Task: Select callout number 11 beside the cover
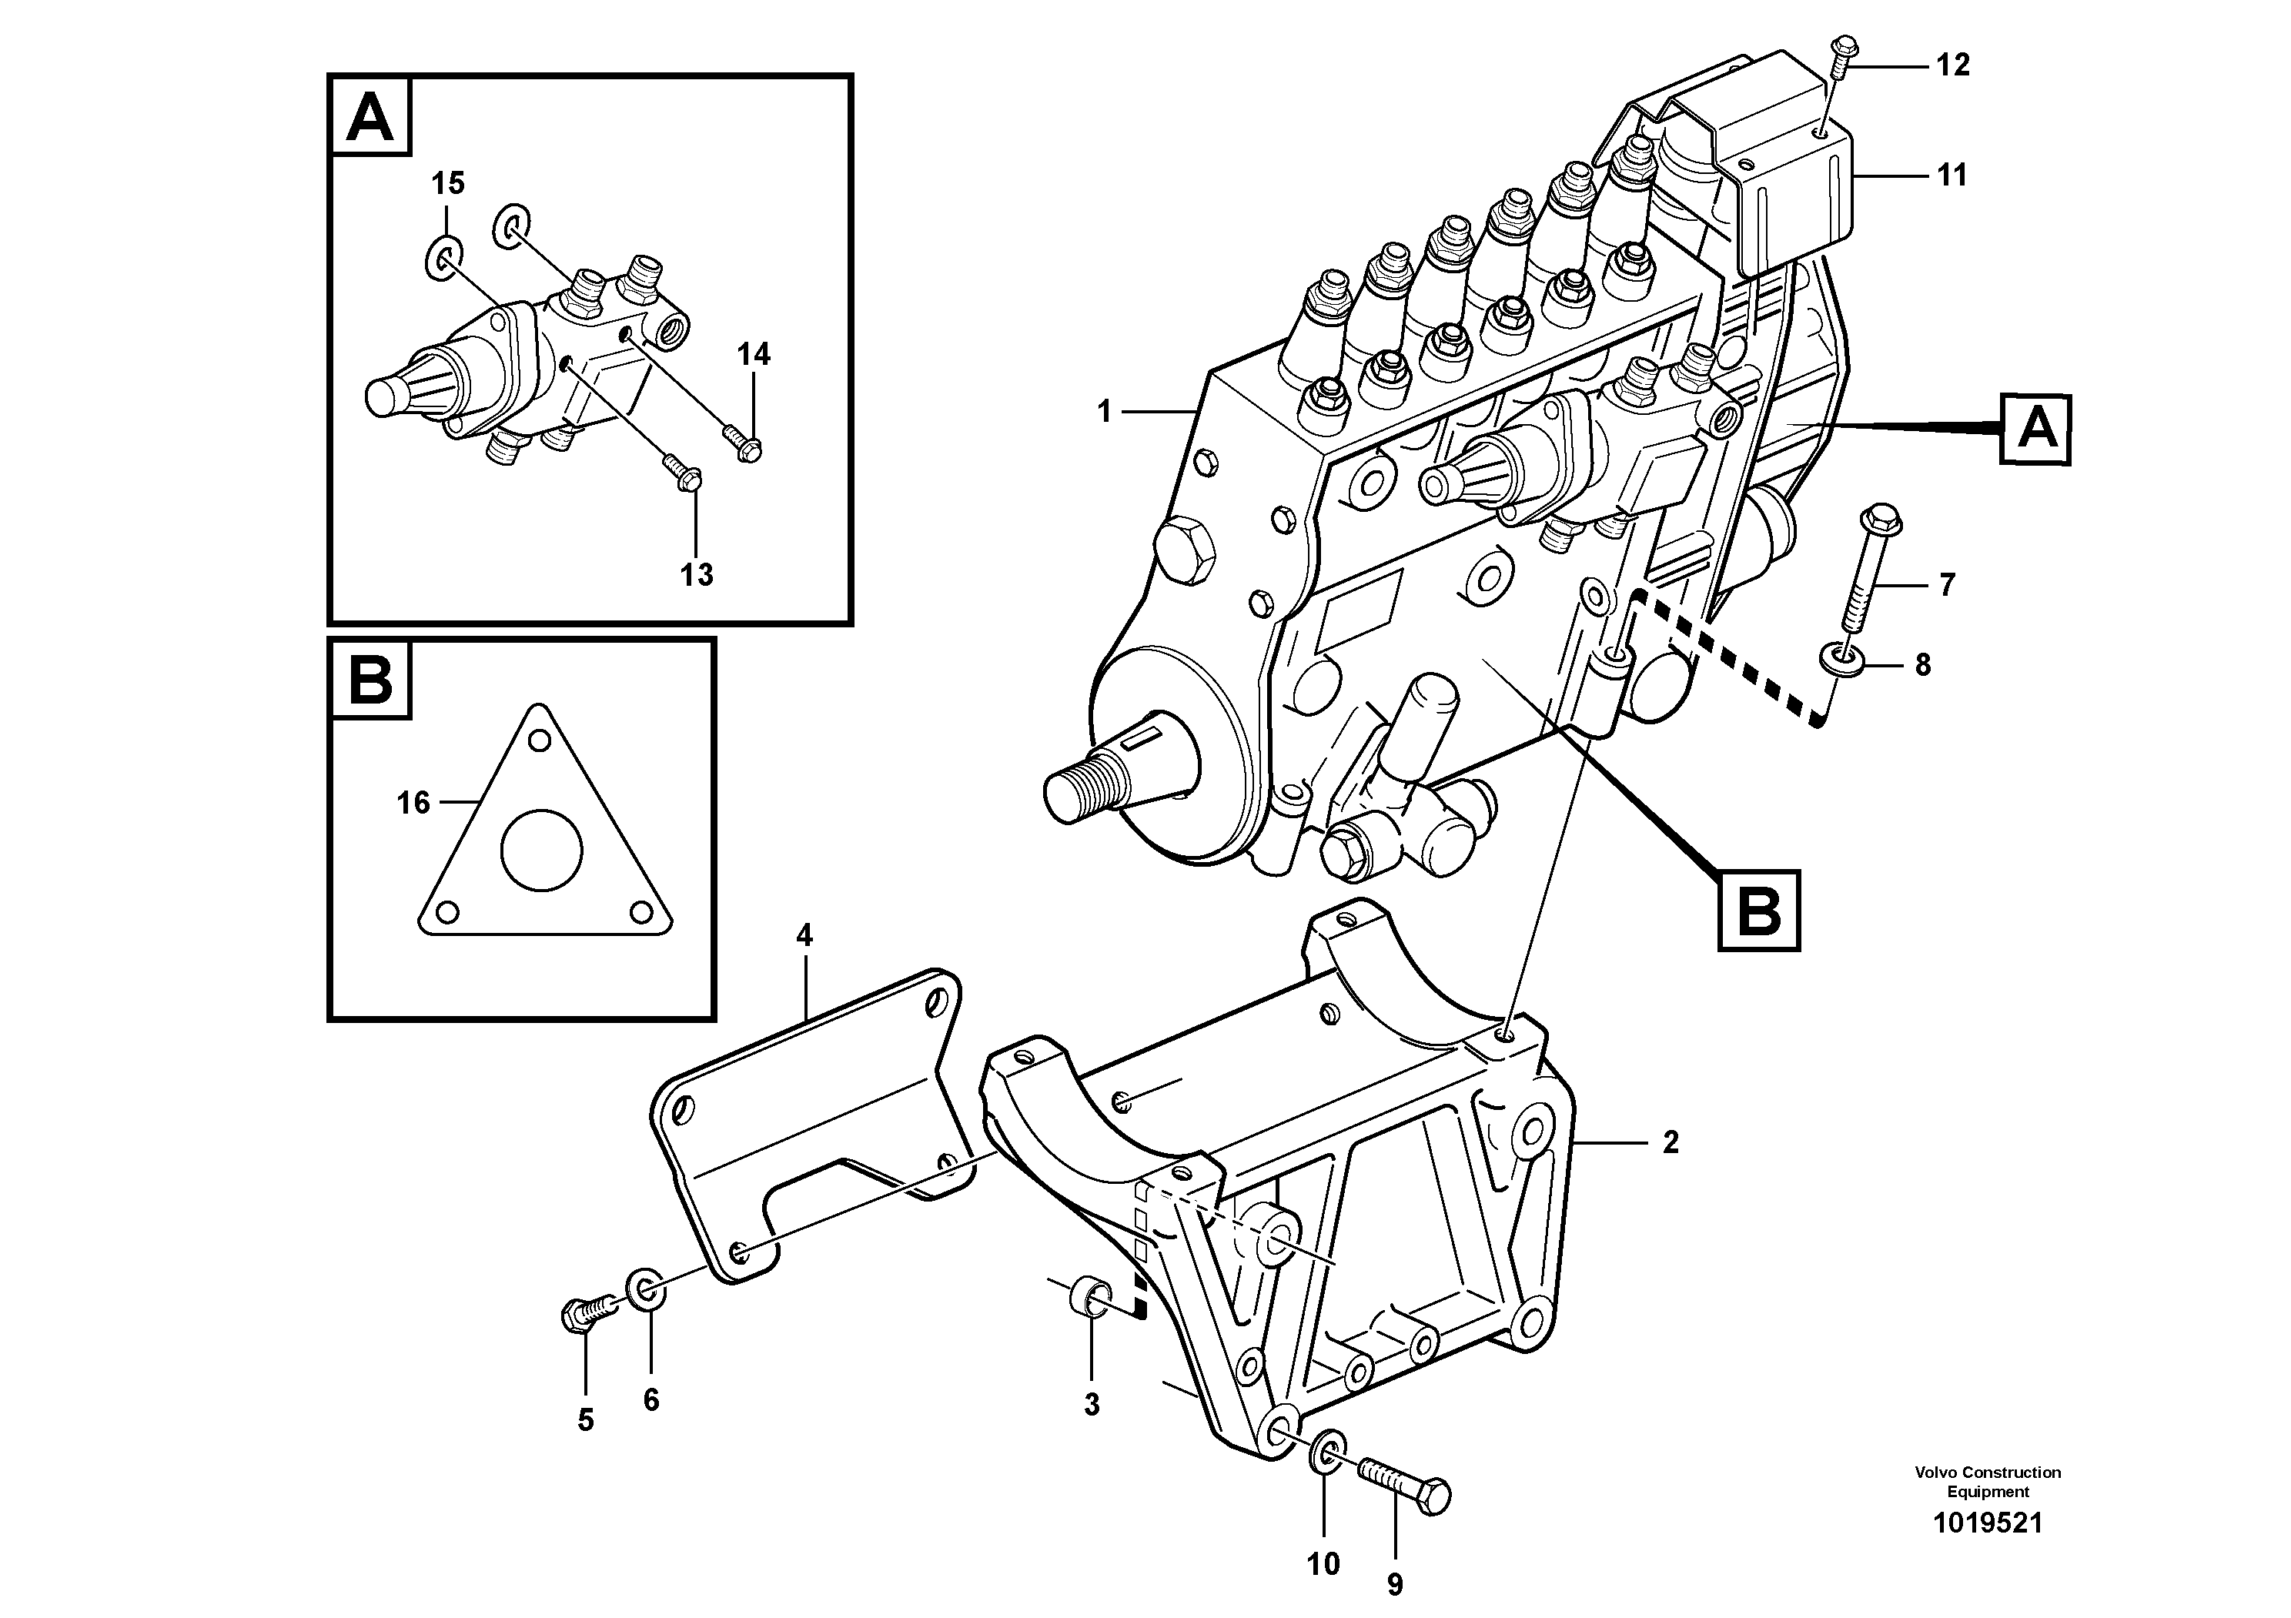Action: click(x=1951, y=176)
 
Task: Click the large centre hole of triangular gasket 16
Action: click(x=541, y=849)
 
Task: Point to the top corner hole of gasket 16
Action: click(x=540, y=740)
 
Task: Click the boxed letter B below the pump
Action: click(x=1758, y=910)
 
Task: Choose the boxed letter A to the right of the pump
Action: click(x=2035, y=430)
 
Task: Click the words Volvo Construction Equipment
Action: click(x=1987, y=1481)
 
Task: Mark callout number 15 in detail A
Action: click(x=448, y=183)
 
